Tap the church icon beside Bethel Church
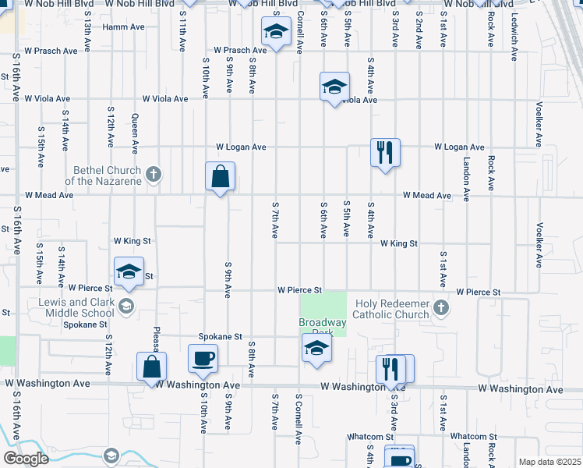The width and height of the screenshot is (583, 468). pos(154,174)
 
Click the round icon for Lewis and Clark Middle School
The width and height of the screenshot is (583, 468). pos(125,306)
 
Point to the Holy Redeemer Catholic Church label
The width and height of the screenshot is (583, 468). pos(392,309)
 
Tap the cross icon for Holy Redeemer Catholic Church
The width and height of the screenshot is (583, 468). pos(441,307)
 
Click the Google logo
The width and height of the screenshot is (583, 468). pos(25,458)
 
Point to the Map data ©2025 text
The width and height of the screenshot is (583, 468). pos(549,462)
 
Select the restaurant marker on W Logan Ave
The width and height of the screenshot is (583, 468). pos(385,152)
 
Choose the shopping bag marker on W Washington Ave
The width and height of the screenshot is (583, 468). pos(151,367)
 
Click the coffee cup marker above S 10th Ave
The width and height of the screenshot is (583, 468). pos(203,359)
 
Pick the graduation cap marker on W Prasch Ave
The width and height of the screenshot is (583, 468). pos(275,32)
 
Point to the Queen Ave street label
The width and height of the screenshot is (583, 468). pos(135,133)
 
